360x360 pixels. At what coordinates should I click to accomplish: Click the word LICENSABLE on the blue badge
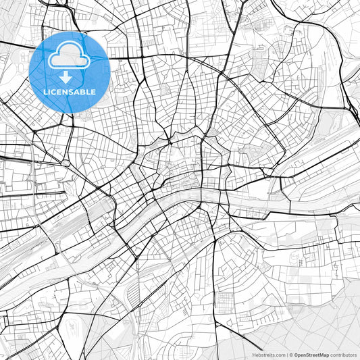[x=69, y=92]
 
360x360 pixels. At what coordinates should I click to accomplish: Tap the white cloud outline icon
[x=69, y=58]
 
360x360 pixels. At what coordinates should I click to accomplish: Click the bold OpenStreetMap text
[x=311, y=354]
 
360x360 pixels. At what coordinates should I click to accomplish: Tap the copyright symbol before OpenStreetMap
[x=290, y=354]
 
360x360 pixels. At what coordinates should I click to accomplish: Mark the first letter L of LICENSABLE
[x=44, y=92]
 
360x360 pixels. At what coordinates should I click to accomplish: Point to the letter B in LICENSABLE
[x=85, y=92]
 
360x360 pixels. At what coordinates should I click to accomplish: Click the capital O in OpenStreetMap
[x=294, y=354]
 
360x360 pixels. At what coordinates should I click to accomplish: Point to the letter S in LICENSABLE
[x=72, y=92]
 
